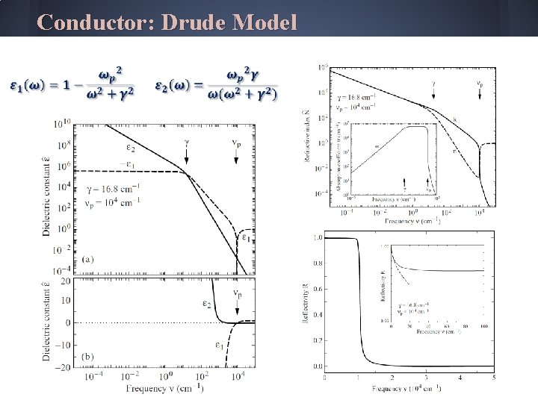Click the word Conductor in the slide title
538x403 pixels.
tap(94, 22)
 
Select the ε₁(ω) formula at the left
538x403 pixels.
tap(72, 84)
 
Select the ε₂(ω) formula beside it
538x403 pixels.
tap(216, 84)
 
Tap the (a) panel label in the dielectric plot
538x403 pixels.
tap(87, 259)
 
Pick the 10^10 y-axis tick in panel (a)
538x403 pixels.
tap(62, 122)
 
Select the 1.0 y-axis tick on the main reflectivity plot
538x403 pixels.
tap(317, 237)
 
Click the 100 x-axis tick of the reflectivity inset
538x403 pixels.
tap(484, 326)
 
